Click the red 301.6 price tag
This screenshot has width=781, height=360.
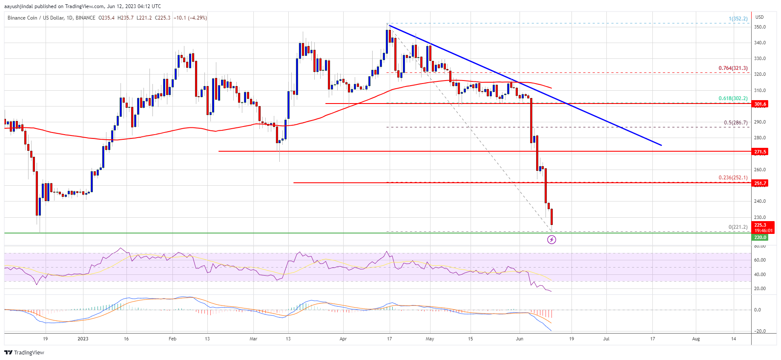(x=760, y=104)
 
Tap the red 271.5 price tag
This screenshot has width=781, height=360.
(x=760, y=152)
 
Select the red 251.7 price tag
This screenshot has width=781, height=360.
(x=760, y=184)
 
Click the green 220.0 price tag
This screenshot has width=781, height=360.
(x=760, y=237)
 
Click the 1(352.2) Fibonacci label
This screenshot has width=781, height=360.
(x=738, y=19)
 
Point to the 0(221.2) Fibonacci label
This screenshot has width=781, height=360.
(x=738, y=227)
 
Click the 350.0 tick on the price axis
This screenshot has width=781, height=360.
(x=760, y=27)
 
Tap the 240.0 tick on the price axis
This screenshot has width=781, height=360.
(x=760, y=201)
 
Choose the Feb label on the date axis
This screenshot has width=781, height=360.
(x=172, y=339)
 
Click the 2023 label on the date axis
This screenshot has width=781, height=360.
(x=83, y=339)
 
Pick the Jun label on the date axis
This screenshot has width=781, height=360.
(x=520, y=339)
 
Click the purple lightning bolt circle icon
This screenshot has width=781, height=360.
(x=551, y=240)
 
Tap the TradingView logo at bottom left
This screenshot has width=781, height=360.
(x=24, y=353)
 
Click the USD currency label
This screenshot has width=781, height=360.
(x=759, y=17)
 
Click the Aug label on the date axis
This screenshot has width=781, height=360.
(x=696, y=339)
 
